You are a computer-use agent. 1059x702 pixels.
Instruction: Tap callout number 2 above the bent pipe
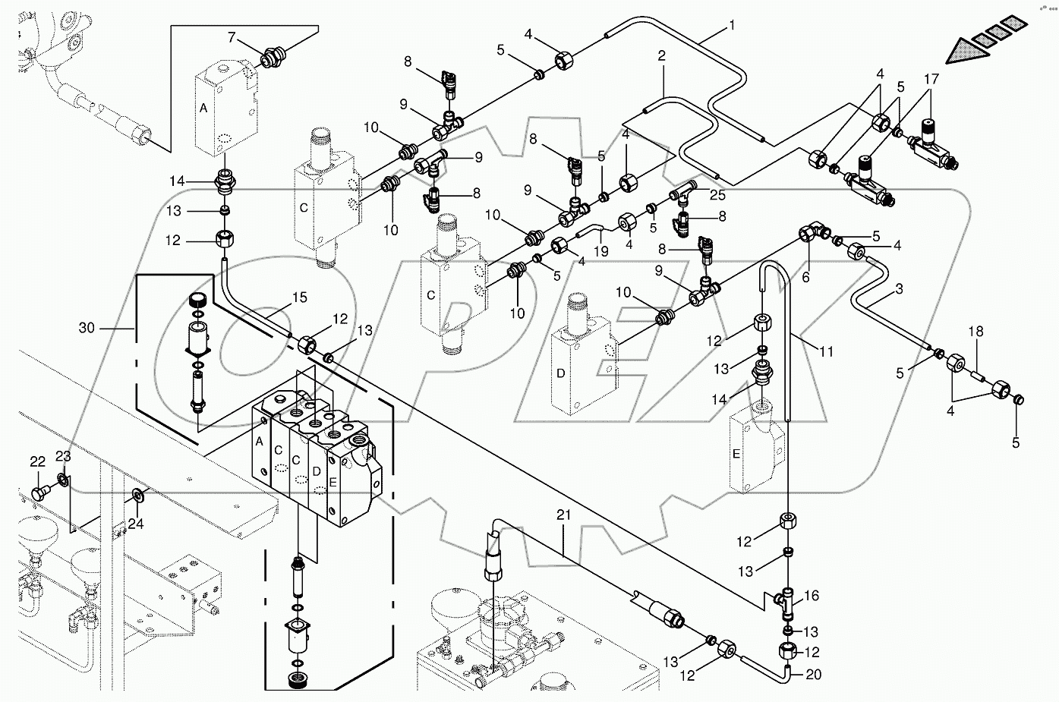pyautogui.click(x=662, y=55)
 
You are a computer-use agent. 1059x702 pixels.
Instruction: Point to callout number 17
pyautogui.click(x=931, y=78)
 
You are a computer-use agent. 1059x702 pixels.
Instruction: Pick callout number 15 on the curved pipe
pyautogui.click(x=300, y=298)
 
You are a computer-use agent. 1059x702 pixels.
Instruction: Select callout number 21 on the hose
pyautogui.click(x=563, y=515)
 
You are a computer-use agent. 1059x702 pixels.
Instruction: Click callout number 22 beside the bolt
pyautogui.click(x=38, y=461)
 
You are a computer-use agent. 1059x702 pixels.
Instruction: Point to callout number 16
pyautogui.click(x=812, y=597)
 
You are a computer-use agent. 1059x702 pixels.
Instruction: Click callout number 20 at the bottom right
pyautogui.click(x=813, y=674)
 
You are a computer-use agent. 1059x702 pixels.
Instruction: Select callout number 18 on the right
pyautogui.click(x=975, y=332)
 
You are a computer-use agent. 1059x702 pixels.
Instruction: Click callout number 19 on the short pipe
pyautogui.click(x=600, y=251)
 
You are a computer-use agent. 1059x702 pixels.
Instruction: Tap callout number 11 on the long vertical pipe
pyautogui.click(x=827, y=352)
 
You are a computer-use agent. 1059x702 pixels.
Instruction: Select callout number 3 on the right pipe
pyautogui.click(x=898, y=288)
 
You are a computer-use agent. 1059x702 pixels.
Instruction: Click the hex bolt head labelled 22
pyautogui.click(x=39, y=494)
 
